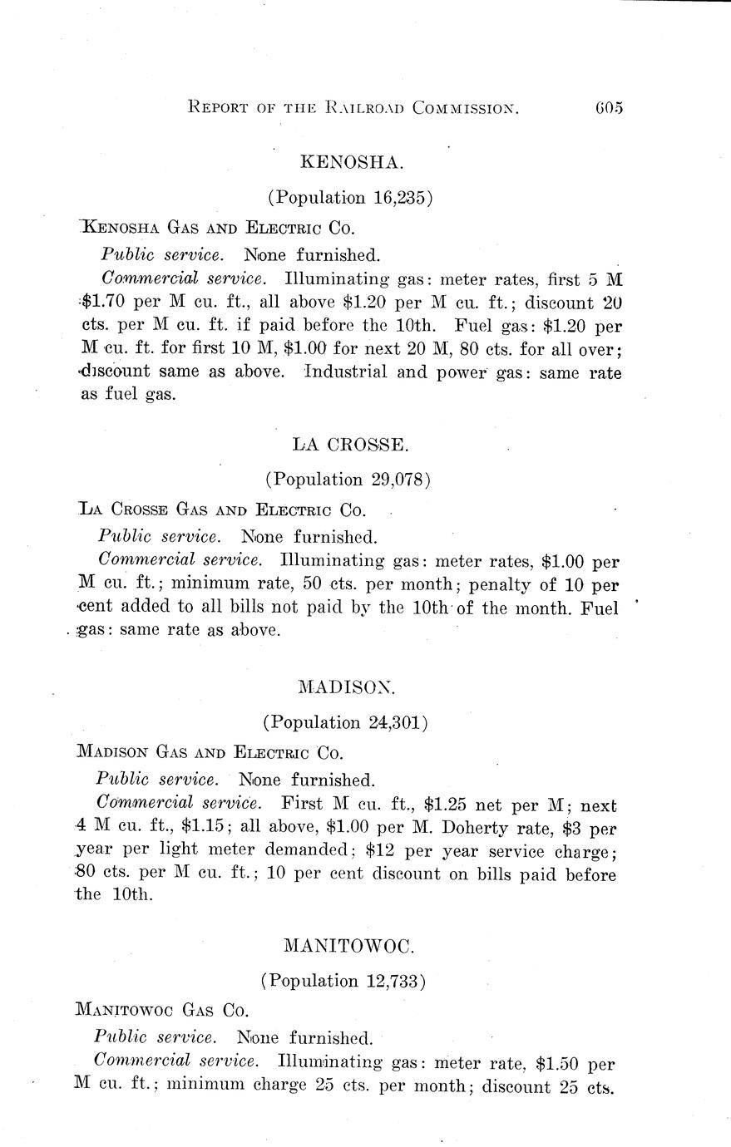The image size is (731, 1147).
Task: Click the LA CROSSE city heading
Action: [350, 445]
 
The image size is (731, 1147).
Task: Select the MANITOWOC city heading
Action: [348, 946]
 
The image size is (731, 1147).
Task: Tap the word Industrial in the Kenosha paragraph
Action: [346, 372]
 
